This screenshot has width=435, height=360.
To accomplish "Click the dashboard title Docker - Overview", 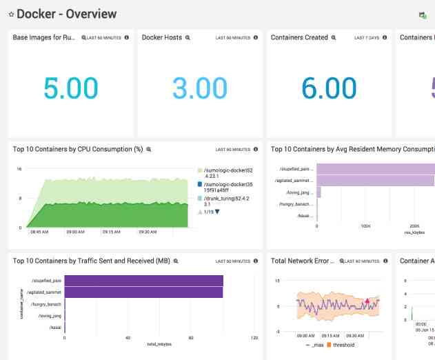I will click(x=67, y=14).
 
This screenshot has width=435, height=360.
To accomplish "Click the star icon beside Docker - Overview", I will click(x=11, y=14).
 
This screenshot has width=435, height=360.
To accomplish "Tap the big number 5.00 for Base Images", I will click(x=70, y=88).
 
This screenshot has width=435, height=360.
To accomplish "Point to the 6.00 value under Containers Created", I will click(x=328, y=88).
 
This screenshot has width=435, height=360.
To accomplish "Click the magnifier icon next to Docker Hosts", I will click(x=188, y=38).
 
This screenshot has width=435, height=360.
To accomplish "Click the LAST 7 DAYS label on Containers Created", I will click(x=367, y=38).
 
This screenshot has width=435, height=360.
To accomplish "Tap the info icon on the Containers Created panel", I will click(x=385, y=38).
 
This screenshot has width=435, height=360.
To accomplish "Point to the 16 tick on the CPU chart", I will click(x=19, y=169).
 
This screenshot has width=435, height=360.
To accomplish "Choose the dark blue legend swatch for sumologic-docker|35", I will click(x=199, y=184).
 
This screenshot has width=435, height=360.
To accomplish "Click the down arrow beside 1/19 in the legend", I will click(x=217, y=212).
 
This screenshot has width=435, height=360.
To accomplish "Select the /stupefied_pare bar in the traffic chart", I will click(x=143, y=280).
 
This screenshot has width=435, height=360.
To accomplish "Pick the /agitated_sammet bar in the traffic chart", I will click(x=143, y=292).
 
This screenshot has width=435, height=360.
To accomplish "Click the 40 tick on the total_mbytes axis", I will click(x=128, y=338).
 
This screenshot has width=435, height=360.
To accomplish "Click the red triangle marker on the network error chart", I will click(x=367, y=301).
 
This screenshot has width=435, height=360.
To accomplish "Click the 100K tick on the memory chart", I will click(x=365, y=226).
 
